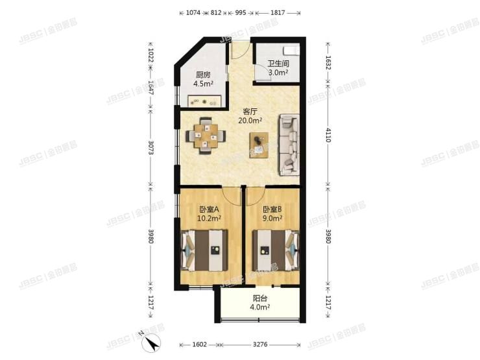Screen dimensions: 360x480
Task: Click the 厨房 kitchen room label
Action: [203, 74]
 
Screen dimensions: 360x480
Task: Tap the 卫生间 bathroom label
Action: [278, 64]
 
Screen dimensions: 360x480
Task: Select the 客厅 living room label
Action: [249, 112]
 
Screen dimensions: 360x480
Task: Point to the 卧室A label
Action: [209, 210]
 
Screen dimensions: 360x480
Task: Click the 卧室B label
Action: [272, 210]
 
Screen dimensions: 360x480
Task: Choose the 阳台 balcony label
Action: [261, 300]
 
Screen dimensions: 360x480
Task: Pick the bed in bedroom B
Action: [274, 251]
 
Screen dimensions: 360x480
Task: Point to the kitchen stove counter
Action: [204, 101]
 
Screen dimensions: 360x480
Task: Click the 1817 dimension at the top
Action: [277, 12]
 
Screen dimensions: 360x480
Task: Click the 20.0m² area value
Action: [250, 121]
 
